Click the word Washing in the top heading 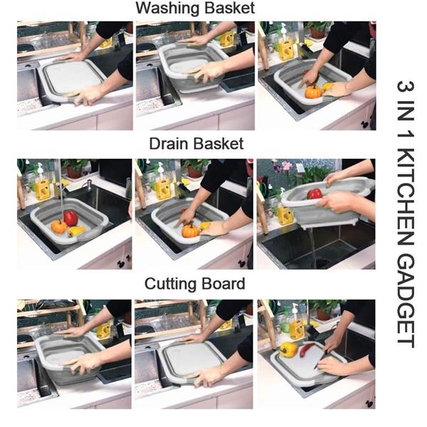168,9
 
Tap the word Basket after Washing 230,8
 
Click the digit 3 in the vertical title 406,86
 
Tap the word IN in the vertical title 406,110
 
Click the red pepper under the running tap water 70,218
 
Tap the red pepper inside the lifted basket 315,194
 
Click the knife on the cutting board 320,359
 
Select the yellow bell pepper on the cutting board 288,349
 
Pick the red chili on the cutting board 306,350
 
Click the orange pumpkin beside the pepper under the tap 58,226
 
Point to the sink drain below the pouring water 322,263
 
